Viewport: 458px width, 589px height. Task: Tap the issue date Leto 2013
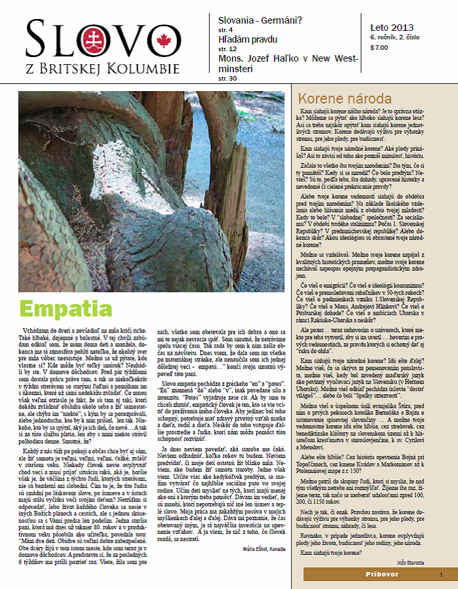(391, 27)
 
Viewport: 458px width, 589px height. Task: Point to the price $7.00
(379, 47)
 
